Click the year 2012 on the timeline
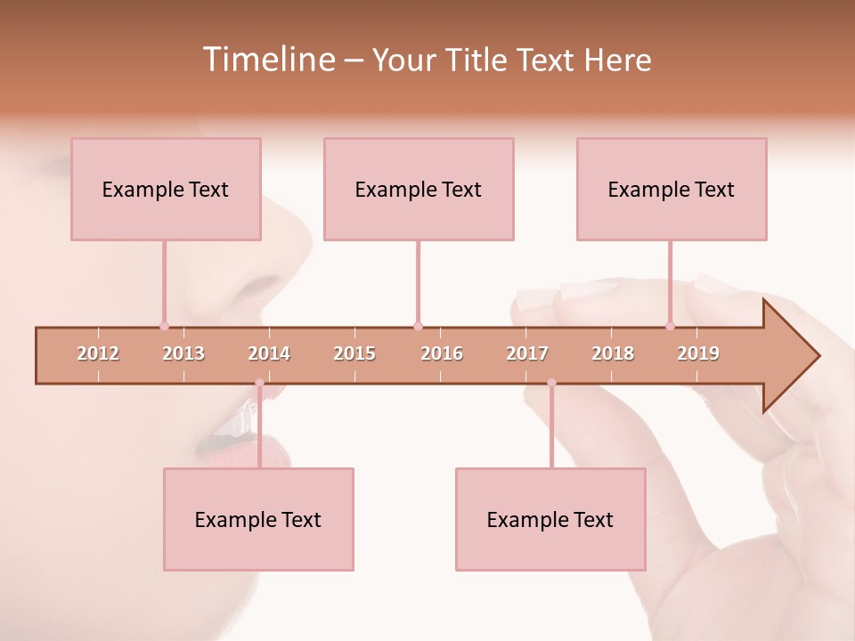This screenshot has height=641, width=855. (98, 353)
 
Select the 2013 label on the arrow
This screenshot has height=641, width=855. (183, 353)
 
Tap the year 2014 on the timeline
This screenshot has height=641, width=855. (269, 353)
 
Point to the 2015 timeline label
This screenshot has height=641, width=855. (354, 353)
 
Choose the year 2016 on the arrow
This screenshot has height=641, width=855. (442, 353)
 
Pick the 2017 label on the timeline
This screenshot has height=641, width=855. (527, 353)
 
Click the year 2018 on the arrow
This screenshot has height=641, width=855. (613, 353)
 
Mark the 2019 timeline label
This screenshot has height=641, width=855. (698, 353)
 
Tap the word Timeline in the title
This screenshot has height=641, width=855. (267, 60)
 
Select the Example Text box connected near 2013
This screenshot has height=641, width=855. (166, 189)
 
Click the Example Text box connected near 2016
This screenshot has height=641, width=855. (419, 189)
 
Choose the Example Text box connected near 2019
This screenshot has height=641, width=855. (672, 189)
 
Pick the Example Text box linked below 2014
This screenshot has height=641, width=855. (258, 519)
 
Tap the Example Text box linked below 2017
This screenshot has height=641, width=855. (550, 519)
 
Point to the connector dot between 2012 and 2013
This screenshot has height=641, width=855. (164, 326)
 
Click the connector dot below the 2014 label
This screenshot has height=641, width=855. (259, 383)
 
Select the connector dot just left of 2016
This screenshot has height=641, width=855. (418, 326)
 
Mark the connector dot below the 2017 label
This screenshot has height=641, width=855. (551, 383)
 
